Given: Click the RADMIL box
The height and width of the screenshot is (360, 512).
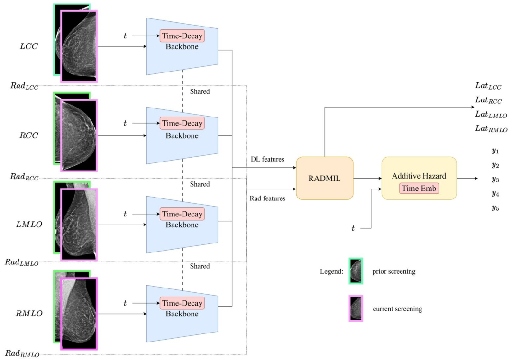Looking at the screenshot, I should [x=325, y=178].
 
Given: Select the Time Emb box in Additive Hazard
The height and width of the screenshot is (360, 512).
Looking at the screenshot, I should [x=419, y=188].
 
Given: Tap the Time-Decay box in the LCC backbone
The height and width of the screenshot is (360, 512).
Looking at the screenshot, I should [x=182, y=36].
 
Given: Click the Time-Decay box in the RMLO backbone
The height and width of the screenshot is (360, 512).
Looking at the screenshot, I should [x=182, y=303].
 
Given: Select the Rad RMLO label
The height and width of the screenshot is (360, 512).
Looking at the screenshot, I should [x=22, y=353].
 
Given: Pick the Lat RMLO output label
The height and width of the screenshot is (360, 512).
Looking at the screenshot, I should [x=491, y=129].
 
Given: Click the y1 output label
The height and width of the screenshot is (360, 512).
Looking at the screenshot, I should [x=495, y=151].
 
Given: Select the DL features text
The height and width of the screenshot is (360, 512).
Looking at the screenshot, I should [x=267, y=159].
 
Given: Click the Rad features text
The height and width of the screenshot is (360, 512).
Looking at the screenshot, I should [x=267, y=198].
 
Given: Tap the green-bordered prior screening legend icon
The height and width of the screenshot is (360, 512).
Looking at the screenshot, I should [x=356, y=271].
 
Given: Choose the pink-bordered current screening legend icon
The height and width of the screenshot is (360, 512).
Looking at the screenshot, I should [x=356, y=308].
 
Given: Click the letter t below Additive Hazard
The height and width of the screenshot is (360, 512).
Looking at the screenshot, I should [x=353, y=229].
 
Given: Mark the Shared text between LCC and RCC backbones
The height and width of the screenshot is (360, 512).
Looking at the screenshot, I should [x=200, y=91].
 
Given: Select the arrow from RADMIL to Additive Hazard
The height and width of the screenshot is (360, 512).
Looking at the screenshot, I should [x=367, y=179].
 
